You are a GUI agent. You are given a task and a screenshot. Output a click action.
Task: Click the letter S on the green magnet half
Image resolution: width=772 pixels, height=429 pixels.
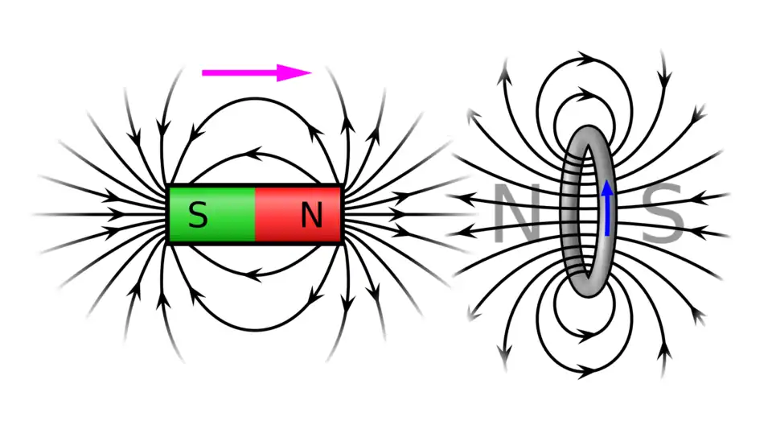(198, 215)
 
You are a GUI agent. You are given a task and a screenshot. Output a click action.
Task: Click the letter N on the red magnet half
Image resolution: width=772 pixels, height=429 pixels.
(311, 214)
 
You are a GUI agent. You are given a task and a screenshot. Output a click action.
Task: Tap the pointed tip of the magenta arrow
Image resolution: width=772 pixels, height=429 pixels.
(311, 72)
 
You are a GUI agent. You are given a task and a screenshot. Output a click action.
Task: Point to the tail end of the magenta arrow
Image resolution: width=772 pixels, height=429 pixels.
(203, 72)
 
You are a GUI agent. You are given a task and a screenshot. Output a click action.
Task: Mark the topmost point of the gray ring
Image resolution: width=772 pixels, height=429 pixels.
(589, 126)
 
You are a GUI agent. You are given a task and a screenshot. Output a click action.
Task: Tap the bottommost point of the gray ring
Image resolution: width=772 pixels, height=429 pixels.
(589, 299)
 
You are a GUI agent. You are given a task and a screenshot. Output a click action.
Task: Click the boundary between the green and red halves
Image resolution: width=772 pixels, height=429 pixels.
(255, 214)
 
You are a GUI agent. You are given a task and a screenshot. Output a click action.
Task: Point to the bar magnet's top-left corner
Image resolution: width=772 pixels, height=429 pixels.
(169, 188)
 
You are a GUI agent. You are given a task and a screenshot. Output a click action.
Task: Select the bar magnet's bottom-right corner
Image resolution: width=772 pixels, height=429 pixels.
(342, 241)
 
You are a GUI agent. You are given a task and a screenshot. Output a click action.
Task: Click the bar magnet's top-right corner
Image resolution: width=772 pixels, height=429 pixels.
(342, 188)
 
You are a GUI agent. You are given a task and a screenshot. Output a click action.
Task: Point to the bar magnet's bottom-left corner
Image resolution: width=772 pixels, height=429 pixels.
(169, 241)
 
